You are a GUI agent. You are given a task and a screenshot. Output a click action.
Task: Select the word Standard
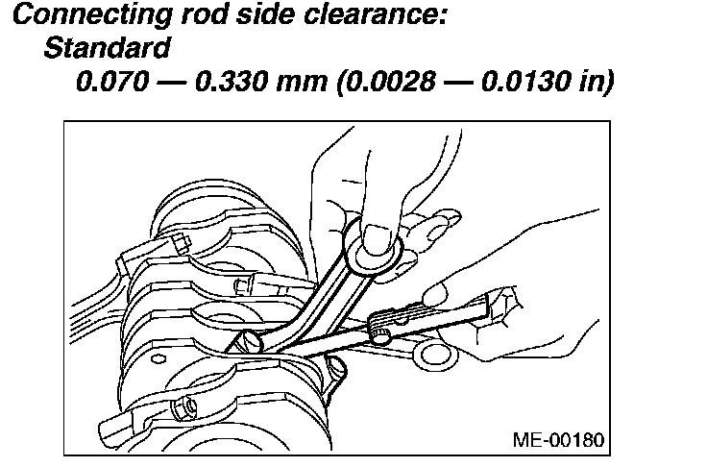108,47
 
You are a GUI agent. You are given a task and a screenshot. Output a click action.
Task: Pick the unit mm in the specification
301,82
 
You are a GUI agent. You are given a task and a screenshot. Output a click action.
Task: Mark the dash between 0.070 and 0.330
170,81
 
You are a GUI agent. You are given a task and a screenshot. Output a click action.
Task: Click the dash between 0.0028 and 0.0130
448,81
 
